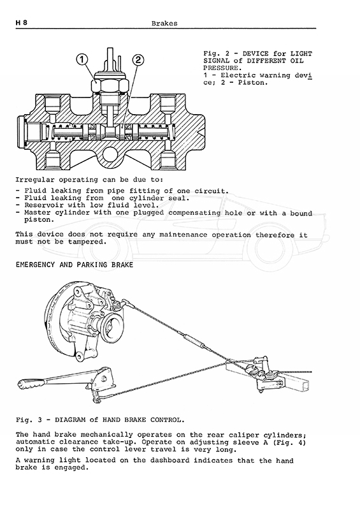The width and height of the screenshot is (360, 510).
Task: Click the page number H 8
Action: pyautogui.click(x=22, y=23)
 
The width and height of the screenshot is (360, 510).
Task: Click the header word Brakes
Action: pyautogui.click(x=164, y=24)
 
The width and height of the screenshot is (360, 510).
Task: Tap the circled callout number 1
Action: pyautogui.click(x=82, y=59)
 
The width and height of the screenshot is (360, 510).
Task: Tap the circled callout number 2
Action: pyautogui.click(x=138, y=60)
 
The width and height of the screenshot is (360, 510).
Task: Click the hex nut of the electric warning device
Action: pyautogui.click(x=106, y=86)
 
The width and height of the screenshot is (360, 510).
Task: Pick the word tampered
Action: pyautogui.click(x=87, y=242)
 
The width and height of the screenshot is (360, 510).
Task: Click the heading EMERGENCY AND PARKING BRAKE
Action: pyautogui.click(x=75, y=265)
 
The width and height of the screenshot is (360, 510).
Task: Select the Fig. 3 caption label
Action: pyautogui.click(x=100, y=420)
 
